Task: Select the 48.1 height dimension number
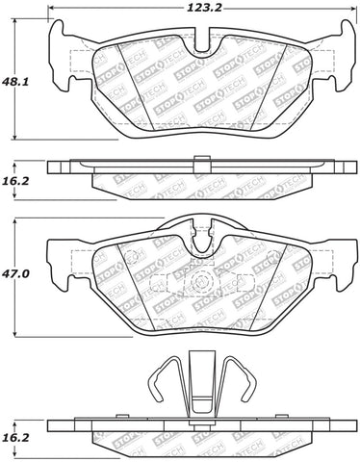pos(14,82)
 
